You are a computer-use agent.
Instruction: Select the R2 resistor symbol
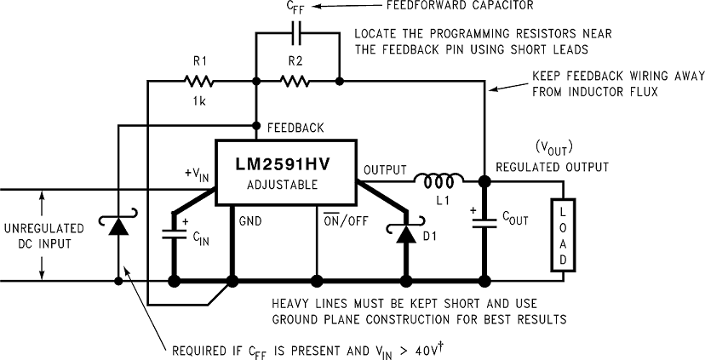pyautogui.click(x=295, y=82)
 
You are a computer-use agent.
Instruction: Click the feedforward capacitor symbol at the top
pyautogui.click(x=295, y=35)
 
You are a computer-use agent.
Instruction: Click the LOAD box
pyautogui.click(x=563, y=234)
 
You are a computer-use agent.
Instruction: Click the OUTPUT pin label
pyautogui.click(x=385, y=170)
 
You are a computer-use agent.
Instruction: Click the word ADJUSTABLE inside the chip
pyautogui.click(x=283, y=184)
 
